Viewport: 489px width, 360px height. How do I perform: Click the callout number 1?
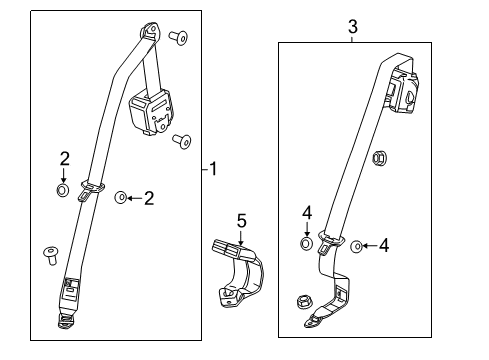coord(213,170)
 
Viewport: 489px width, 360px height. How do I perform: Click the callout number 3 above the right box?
coord(353,27)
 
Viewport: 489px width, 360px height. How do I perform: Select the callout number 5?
coord(240,220)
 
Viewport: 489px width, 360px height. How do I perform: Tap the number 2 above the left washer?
coord(64,158)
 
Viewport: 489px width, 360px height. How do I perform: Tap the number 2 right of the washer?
coord(149,198)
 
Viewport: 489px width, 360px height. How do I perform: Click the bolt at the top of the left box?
coord(179,39)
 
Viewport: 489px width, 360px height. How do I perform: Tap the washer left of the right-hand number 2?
coord(120,198)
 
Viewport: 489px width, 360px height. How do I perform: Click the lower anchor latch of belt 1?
coord(70,321)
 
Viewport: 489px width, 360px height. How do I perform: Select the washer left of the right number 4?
coord(357,245)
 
